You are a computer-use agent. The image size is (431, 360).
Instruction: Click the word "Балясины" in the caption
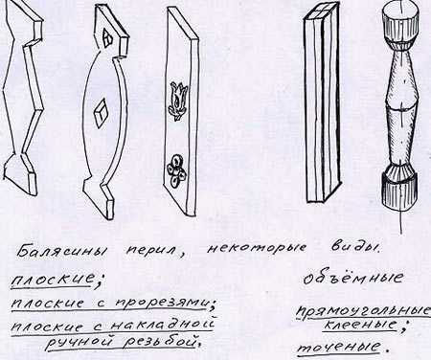tap(61, 252)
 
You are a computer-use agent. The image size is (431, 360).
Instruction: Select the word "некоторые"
tap(256, 249)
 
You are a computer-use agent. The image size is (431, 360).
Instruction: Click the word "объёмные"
tap(352, 278)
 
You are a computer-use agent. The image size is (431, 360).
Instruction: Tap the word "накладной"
tap(163, 324)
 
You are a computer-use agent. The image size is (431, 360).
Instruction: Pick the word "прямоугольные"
tap(363, 312)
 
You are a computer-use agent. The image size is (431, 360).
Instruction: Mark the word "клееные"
tap(360, 326)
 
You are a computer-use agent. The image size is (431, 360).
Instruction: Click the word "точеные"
tap(339, 347)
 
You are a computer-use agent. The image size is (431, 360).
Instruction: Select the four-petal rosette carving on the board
tap(176, 171)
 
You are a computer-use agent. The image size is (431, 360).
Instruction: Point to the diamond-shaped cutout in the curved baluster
tap(102, 113)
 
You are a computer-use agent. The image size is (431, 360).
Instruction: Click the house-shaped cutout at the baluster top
tap(108, 37)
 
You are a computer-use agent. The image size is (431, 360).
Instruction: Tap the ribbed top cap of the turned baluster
tap(399, 26)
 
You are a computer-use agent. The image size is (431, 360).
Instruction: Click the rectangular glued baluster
tap(321, 105)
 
